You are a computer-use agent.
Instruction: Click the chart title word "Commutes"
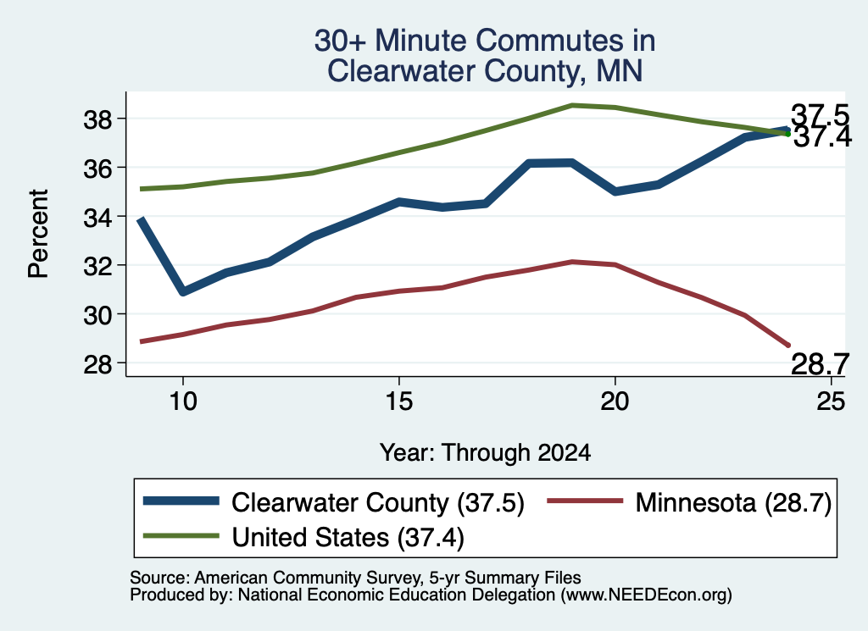(565, 41)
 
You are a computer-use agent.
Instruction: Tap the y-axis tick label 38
(98, 119)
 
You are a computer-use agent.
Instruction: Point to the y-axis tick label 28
(98, 364)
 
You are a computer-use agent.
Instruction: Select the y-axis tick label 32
(98, 266)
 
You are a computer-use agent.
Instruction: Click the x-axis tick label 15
(398, 401)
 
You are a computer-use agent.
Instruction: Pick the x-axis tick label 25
(831, 401)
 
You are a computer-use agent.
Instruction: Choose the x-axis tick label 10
(183, 401)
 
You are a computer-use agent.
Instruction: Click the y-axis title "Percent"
(38, 234)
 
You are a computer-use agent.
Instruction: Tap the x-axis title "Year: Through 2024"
(485, 452)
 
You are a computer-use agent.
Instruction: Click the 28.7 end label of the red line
(820, 364)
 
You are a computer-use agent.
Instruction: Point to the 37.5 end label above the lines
(820, 115)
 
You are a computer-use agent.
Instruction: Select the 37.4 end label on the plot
(822, 136)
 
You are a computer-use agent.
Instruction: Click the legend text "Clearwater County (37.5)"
(377, 503)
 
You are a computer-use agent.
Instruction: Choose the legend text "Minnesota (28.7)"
(733, 503)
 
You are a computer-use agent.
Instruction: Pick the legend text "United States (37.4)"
(348, 538)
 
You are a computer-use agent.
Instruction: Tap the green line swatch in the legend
(181, 535)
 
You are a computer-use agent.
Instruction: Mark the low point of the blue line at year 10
(183, 291)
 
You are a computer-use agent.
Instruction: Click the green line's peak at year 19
(572, 105)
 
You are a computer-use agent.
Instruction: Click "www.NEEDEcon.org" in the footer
(645, 595)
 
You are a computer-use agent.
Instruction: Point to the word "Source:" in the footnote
(160, 578)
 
